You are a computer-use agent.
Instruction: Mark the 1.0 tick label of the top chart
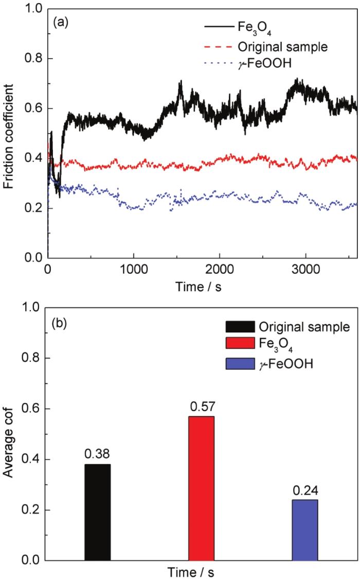(x=32, y=10)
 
